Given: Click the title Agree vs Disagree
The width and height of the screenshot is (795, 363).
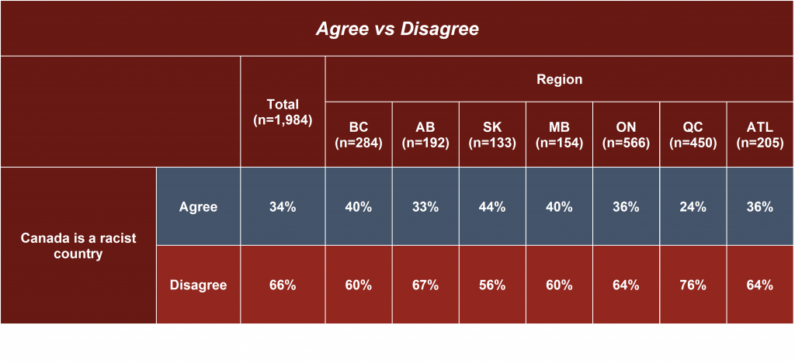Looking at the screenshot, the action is click(x=397, y=29).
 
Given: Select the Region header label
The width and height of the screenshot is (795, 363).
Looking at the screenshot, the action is click(x=559, y=79).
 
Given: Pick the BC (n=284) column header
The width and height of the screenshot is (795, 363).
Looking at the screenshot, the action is click(x=359, y=135).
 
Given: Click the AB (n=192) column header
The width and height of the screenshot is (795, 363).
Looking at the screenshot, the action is click(x=425, y=135).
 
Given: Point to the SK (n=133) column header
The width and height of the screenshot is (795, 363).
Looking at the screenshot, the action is click(x=492, y=135).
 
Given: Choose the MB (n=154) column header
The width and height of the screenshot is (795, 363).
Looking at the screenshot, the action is click(x=559, y=135).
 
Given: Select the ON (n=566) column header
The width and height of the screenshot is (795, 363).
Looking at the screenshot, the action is click(x=627, y=135).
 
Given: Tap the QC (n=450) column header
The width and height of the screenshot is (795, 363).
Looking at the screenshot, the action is click(x=693, y=135).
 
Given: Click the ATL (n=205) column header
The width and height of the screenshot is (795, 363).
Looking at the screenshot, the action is click(x=760, y=135).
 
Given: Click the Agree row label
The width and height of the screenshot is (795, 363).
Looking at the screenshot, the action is click(x=198, y=206).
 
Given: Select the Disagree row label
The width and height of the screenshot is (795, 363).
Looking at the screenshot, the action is click(x=198, y=285).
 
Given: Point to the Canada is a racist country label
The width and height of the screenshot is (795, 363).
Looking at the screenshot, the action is click(x=78, y=246).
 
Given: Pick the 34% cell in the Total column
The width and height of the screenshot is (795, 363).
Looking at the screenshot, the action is click(x=283, y=206).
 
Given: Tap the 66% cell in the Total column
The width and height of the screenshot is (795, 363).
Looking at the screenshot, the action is click(x=283, y=285).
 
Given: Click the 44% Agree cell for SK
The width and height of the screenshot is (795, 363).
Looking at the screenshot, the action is click(x=492, y=206).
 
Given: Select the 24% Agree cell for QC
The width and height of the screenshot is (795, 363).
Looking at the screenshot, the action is click(x=693, y=206).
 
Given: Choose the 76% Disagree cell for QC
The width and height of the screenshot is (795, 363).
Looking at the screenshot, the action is click(x=693, y=285).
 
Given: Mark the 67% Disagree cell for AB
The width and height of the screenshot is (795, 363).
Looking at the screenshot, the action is click(x=425, y=285).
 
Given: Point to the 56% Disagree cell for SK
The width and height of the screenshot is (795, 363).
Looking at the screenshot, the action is click(x=492, y=285).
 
